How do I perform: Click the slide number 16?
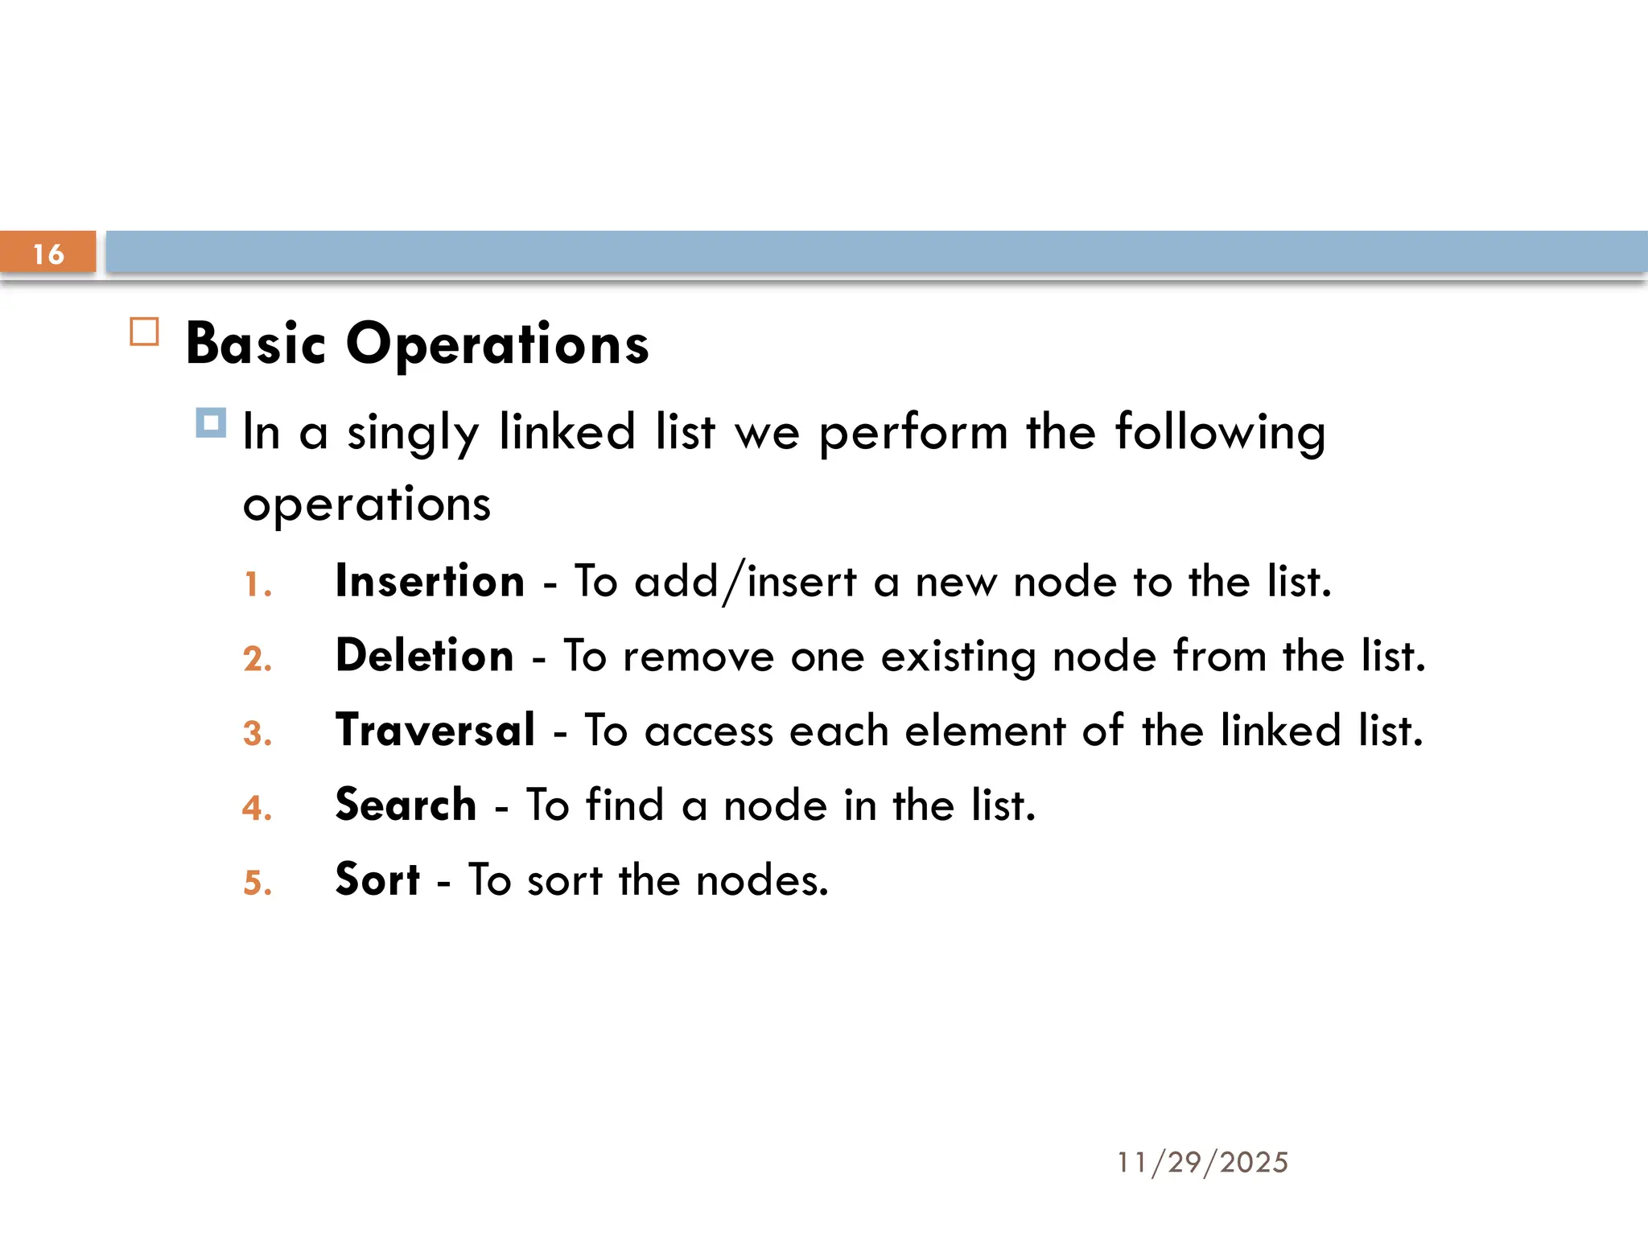(x=48, y=253)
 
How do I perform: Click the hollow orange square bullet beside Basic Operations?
(x=144, y=332)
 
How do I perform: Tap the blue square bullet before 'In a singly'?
(x=211, y=422)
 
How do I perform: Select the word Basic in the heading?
(x=255, y=344)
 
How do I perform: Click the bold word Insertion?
(x=430, y=581)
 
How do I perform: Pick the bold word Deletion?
(x=424, y=655)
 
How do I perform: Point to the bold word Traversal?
(x=435, y=730)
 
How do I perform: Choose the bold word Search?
(x=406, y=805)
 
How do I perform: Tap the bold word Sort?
(x=377, y=879)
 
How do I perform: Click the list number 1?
(x=257, y=585)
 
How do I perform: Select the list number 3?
(x=257, y=733)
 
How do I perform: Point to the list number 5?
(x=257, y=883)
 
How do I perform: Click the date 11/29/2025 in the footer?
(x=1202, y=1162)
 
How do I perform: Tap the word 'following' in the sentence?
(x=1220, y=433)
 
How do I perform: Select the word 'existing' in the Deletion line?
(x=958, y=657)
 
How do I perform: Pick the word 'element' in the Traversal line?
(x=985, y=731)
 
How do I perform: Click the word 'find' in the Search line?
(x=624, y=805)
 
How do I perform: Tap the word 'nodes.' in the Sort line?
(x=761, y=880)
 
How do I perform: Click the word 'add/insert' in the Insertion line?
(x=745, y=582)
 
